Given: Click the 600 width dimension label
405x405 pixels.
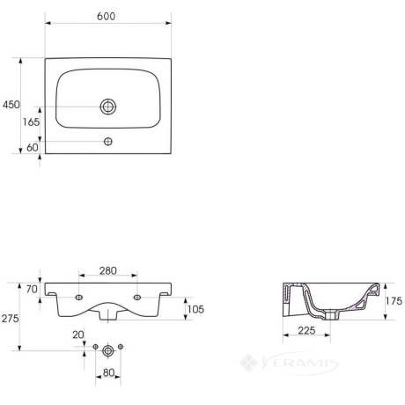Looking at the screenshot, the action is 106,17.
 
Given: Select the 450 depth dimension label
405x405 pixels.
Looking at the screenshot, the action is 11,105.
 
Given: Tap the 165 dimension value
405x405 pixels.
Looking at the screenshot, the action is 31,121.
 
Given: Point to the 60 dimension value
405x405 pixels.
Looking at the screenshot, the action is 33,147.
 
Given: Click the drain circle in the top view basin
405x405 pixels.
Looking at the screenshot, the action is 108,107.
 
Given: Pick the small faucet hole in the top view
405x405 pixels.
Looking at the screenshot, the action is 108,142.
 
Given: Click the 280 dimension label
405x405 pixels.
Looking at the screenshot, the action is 108,270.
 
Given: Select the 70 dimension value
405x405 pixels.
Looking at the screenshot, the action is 32,289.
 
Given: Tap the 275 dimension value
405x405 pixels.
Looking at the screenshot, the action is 10,319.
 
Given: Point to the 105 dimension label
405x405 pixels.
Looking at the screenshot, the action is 195,309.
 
